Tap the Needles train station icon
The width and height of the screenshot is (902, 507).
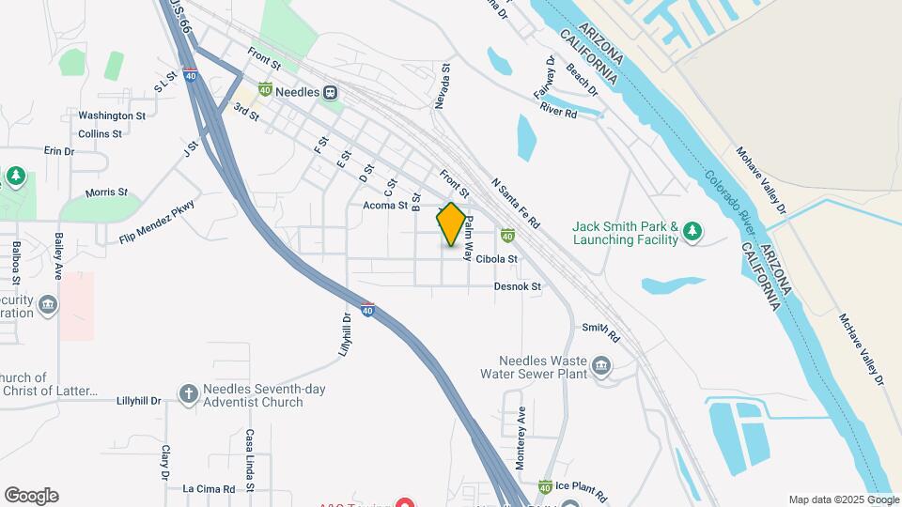[x=330, y=92]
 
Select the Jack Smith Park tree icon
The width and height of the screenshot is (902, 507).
[x=692, y=231]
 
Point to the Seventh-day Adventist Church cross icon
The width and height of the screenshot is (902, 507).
[x=189, y=393]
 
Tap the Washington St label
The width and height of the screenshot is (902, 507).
[x=112, y=115]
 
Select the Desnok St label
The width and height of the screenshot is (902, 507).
[x=519, y=286]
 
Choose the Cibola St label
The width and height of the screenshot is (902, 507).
[x=496, y=258]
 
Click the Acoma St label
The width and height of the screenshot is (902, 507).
[x=385, y=205]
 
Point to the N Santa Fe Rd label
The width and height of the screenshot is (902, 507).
[x=516, y=205]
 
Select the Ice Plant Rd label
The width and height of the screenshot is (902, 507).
[x=581, y=487]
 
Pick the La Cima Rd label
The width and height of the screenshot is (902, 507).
[x=209, y=488]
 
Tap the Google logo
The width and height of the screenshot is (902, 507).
[x=31, y=496]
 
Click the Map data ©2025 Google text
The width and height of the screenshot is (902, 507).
[x=844, y=499]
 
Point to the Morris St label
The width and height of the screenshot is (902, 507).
[x=106, y=192]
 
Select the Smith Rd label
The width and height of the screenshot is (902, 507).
[x=601, y=331]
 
